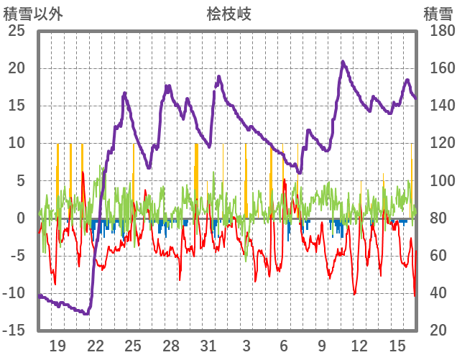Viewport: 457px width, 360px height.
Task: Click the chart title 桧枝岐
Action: (228, 13)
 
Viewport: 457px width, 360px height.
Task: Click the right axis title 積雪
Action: (437, 13)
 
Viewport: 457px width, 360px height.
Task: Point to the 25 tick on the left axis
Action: (16, 31)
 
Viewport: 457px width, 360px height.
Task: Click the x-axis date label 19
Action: (57, 346)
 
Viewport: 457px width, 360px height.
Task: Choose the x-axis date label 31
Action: (208, 346)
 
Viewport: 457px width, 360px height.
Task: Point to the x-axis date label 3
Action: (246, 346)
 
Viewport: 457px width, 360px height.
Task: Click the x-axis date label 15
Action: (397, 346)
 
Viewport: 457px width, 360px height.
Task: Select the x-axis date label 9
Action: (321, 346)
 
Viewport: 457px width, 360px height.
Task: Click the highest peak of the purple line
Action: (343, 62)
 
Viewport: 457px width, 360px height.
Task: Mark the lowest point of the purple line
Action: (86, 314)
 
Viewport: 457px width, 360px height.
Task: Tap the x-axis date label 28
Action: (170, 346)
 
